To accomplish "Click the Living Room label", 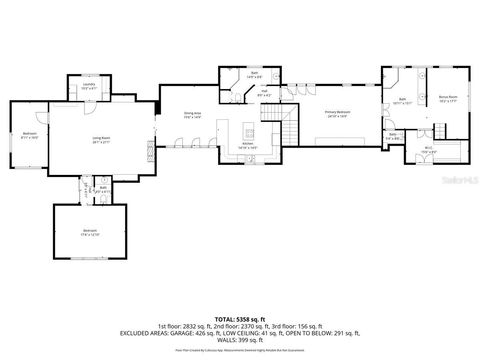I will click(x=101, y=140).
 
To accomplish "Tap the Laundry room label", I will click(x=88, y=86).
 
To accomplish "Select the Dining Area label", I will click(x=192, y=115).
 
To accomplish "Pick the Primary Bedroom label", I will click(x=336, y=114).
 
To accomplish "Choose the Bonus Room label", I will click(x=447, y=98).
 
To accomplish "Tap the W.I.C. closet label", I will click(x=427, y=150).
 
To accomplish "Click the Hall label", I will click(x=264, y=94).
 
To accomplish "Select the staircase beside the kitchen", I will click(x=288, y=133).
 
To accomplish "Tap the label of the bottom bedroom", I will click(x=90, y=231).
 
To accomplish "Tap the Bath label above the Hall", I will click(x=254, y=75).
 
